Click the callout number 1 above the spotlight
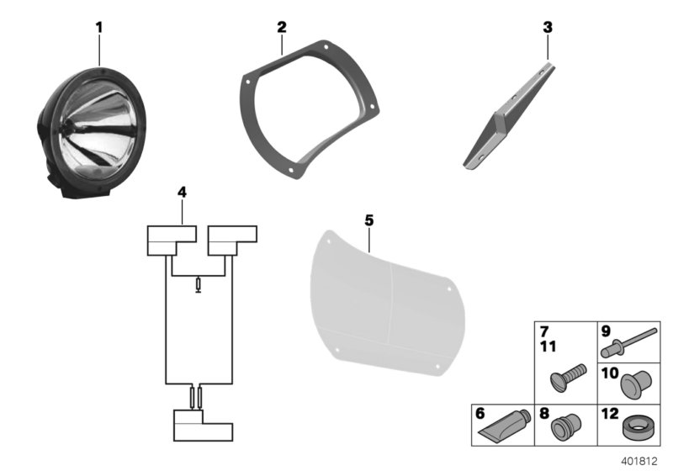pyautogui.click(x=98, y=28)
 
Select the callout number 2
pyautogui.click(x=282, y=28)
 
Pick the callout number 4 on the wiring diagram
pyautogui.click(x=182, y=193)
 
